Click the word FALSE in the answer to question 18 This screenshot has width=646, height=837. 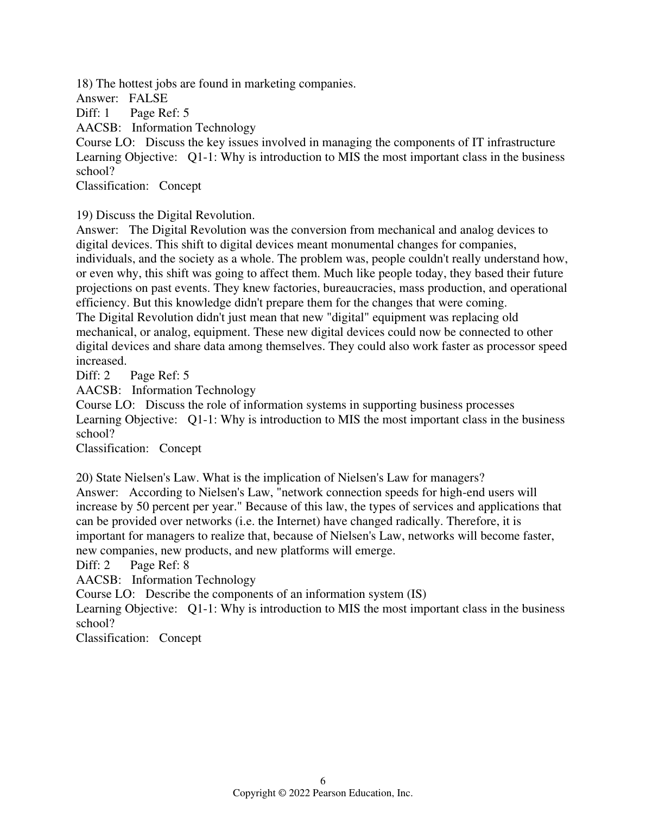pyautogui.click(x=148, y=98)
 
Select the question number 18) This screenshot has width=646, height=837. pyautogui.click(x=85, y=84)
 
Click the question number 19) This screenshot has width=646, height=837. pyautogui.click(x=85, y=215)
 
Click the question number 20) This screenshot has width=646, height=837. pyautogui.click(x=85, y=478)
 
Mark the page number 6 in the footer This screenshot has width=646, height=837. pyautogui.click(x=323, y=781)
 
